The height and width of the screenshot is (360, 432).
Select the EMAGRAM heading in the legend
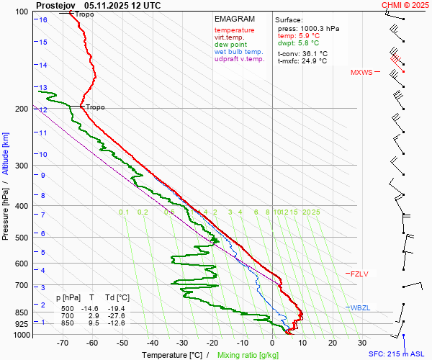tap(234, 19)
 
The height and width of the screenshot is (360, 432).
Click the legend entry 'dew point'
tap(230, 45)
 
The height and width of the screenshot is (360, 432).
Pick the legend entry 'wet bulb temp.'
tap(238, 52)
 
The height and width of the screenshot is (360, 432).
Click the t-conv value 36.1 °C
tap(313, 53)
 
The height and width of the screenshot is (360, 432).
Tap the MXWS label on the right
tap(361, 73)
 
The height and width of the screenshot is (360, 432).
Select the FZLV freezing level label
tap(359, 274)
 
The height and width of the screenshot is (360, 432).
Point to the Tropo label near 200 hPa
tap(95, 107)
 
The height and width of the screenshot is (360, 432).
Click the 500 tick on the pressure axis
tap(21, 238)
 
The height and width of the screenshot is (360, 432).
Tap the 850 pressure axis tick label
tap(21, 312)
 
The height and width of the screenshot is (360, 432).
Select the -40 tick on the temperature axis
tap(153, 343)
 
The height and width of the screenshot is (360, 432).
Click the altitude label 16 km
tap(43, 19)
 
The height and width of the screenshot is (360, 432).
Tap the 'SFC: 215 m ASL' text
tap(398, 354)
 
